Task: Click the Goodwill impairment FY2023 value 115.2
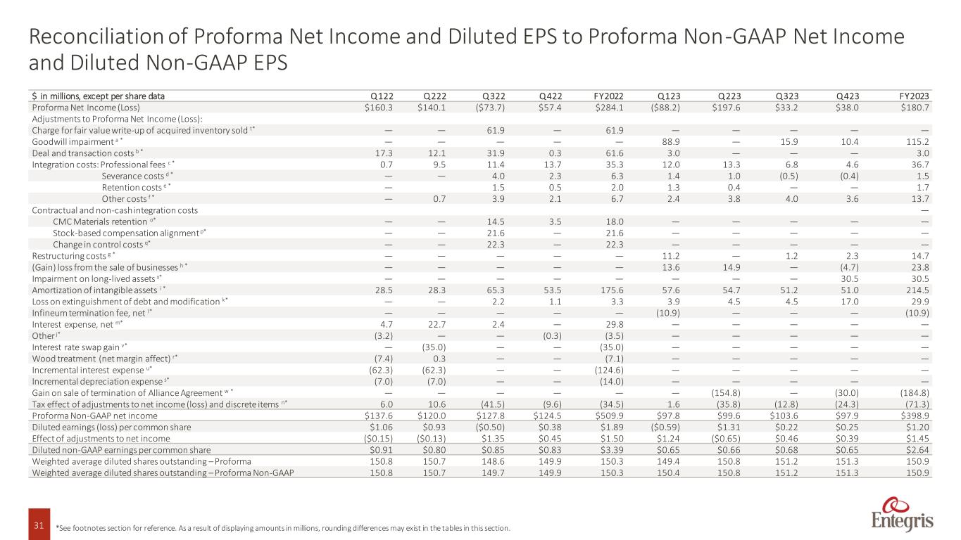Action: tap(919, 142)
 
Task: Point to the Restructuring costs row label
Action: tap(76, 256)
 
